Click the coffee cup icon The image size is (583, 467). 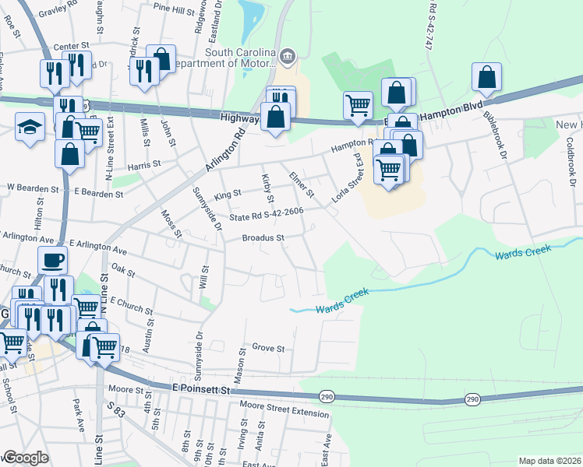coord(53,260)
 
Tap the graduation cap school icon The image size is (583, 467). coord(30,126)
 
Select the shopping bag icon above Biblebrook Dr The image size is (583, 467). coord(486,77)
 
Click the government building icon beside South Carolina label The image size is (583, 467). coord(288,54)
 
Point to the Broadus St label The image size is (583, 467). coord(262,237)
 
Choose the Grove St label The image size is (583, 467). coord(268,349)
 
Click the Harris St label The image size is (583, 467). coord(144,165)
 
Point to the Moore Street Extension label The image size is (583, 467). coord(284,408)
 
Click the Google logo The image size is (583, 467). coord(26,458)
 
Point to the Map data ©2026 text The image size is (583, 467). coord(550,461)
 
